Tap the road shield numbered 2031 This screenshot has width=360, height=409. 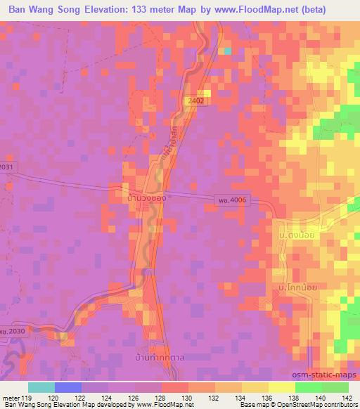(6, 167)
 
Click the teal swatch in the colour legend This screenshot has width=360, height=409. (41, 387)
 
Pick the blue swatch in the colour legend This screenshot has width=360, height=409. (68, 387)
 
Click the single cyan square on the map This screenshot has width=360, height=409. (227, 51)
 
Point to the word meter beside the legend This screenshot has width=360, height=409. (10, 397)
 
